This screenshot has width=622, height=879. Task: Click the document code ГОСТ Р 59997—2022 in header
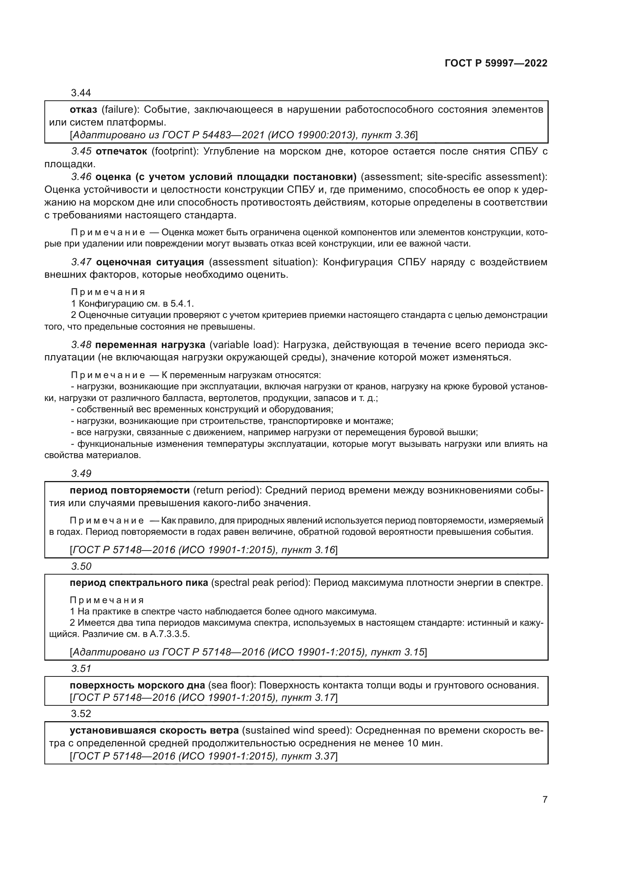496,64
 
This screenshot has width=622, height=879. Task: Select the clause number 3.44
81,93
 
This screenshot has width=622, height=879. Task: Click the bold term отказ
83,110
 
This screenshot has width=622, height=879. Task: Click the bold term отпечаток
121,151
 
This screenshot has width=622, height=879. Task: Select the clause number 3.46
81,177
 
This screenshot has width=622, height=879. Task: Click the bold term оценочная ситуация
150,262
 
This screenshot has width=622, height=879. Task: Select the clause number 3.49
81,474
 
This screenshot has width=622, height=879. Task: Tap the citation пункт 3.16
308,550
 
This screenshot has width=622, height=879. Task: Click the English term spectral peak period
261,583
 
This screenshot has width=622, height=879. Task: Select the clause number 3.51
81,669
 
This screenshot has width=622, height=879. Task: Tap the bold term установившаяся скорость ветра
154,731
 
